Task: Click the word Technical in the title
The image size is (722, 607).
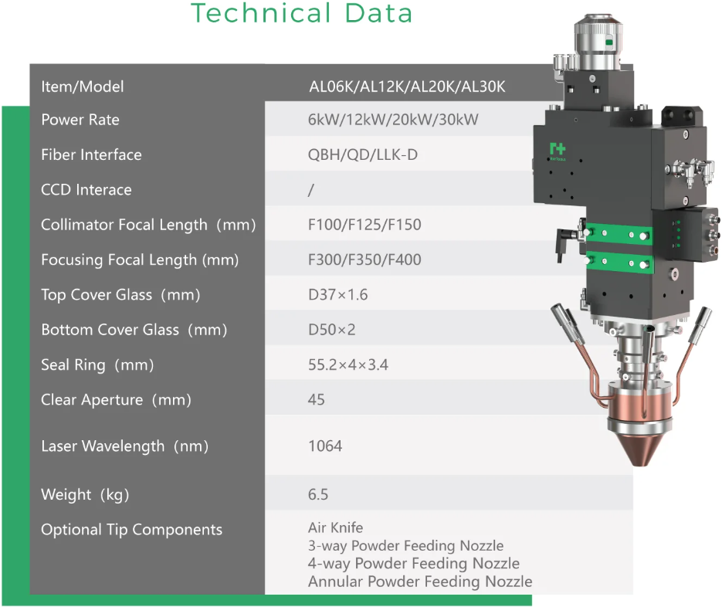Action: tap(261, 13)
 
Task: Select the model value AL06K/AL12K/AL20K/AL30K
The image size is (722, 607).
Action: tap(407, 86)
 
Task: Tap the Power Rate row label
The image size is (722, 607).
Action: tap(80, 120)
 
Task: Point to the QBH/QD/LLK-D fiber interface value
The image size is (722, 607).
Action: tap(363, 154)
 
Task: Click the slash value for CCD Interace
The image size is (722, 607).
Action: tap(311, 190)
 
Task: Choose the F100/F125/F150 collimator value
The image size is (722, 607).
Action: tap(364, 225)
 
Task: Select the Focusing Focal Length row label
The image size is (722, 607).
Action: tap(140, 260)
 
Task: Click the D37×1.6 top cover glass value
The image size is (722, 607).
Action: tap(338, 295)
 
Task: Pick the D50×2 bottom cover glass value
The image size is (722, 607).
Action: tap(332, 330)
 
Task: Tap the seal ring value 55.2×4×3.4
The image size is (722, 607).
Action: tap(348, 365)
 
